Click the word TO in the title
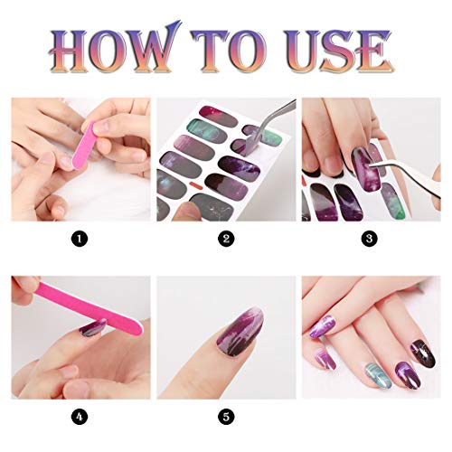(229, 51)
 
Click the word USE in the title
(337, 51)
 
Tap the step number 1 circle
(80, 239)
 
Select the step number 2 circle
(226, 239)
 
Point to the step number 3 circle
(369, 239)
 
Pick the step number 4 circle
(80, 417)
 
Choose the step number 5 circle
(226, 417)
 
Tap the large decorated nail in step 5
(240, 332)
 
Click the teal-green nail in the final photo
(379, 375)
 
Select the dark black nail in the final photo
(422, 353)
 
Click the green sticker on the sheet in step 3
(393, 201)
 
